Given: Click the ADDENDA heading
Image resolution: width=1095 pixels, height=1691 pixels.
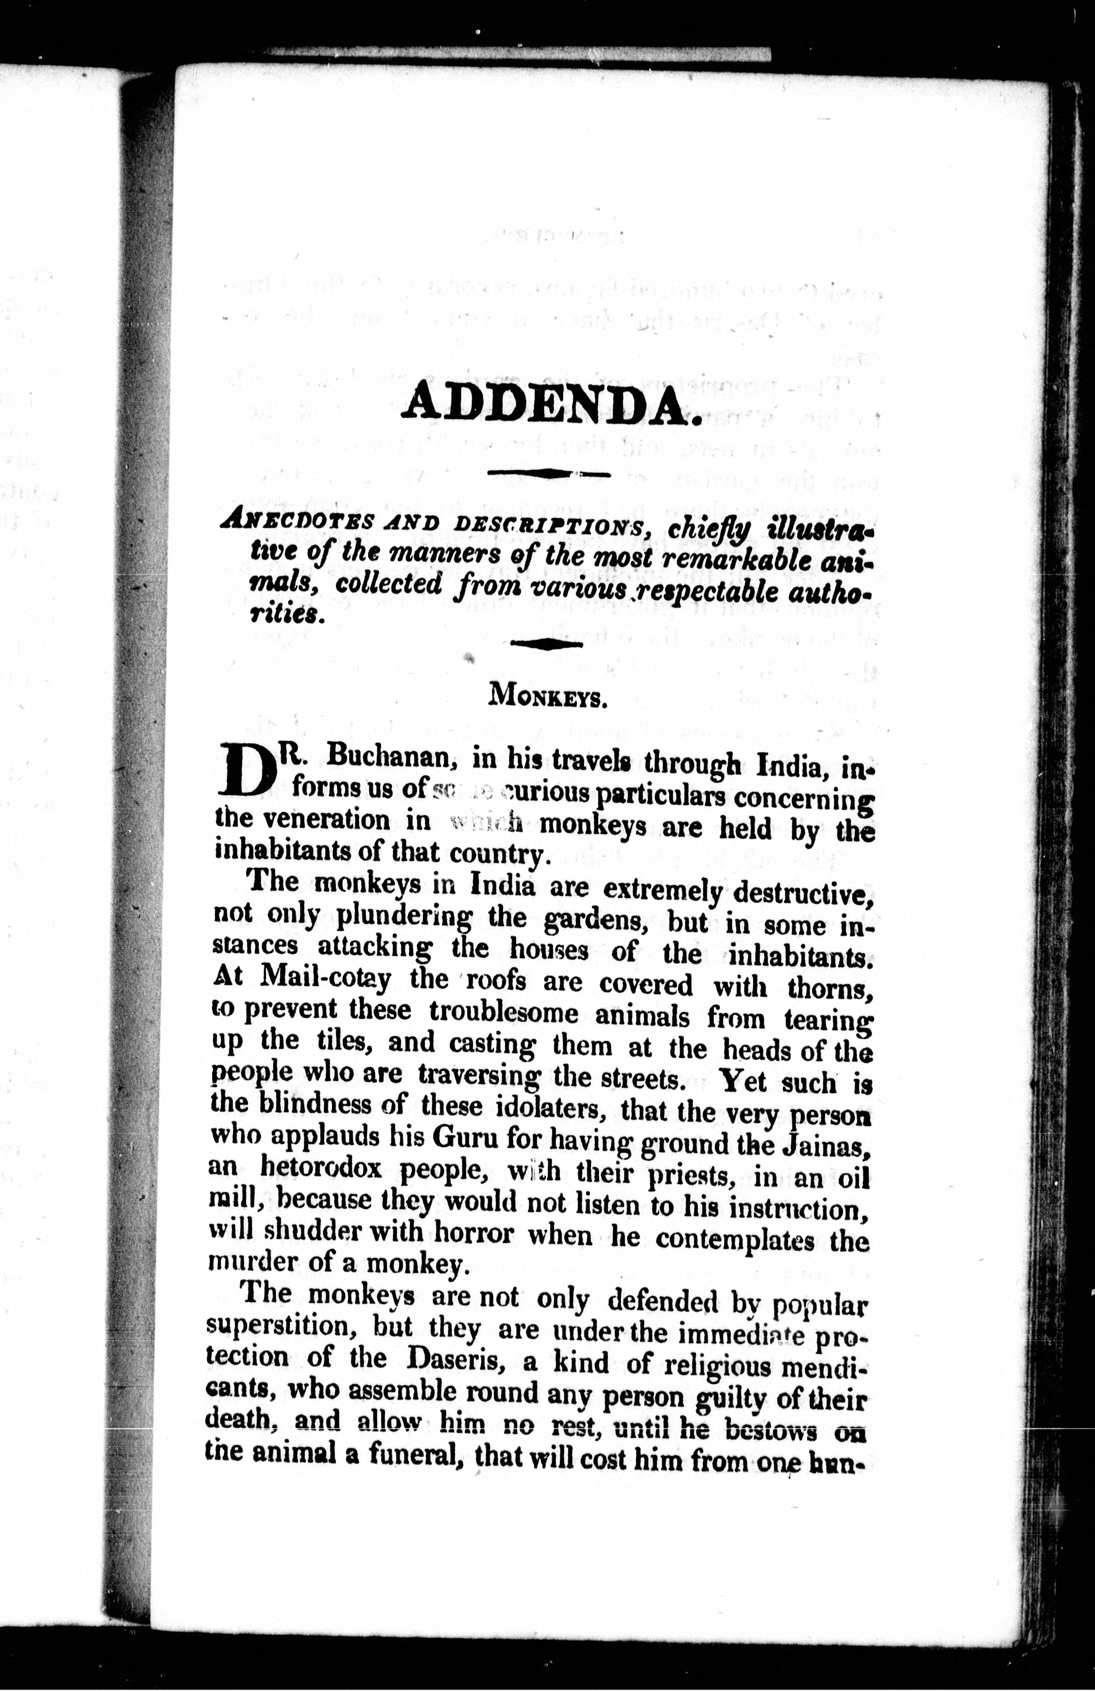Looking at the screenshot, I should point(551,404).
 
